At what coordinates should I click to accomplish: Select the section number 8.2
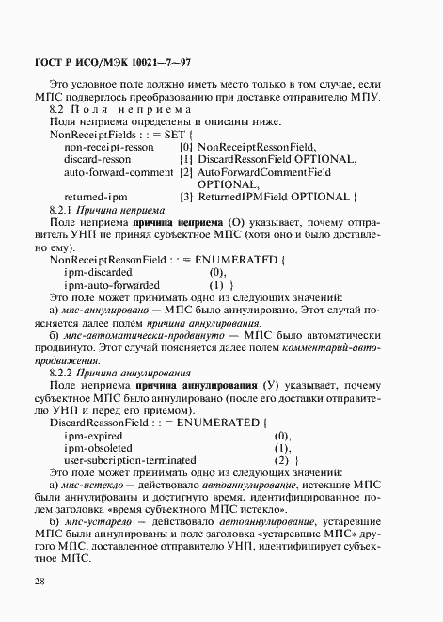tap(58, 110)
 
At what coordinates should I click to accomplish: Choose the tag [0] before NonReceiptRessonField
tap(185, 148)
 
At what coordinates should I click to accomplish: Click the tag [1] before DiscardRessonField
tap(185, 160)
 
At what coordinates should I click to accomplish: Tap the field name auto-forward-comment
tap(119, 172)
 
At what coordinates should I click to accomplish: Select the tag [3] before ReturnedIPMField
tap(185, 197)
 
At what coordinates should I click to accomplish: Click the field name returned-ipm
tap(95, 197)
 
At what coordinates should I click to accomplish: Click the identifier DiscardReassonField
tap(101, 423)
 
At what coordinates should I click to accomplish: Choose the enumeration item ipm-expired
tap(93, 437)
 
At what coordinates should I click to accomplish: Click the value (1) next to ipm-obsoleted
tap(282, 449)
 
